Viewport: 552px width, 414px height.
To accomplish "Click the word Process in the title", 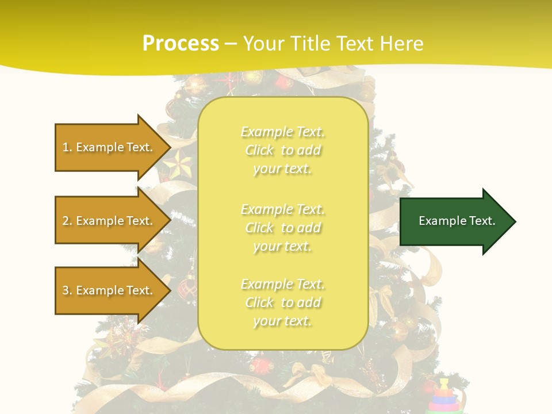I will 181,43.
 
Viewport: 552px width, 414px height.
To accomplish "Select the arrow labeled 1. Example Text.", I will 109,147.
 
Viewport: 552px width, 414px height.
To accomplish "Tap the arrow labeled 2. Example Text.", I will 109,221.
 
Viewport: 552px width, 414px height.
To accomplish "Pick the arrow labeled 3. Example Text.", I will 109,290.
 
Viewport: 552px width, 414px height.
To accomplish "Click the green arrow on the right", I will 454,221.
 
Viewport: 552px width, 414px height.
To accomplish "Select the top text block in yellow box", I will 282,150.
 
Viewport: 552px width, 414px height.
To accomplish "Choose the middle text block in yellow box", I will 282,228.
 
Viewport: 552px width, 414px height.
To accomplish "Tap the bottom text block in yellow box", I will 282,302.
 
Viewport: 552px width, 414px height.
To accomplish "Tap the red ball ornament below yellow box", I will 262,365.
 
